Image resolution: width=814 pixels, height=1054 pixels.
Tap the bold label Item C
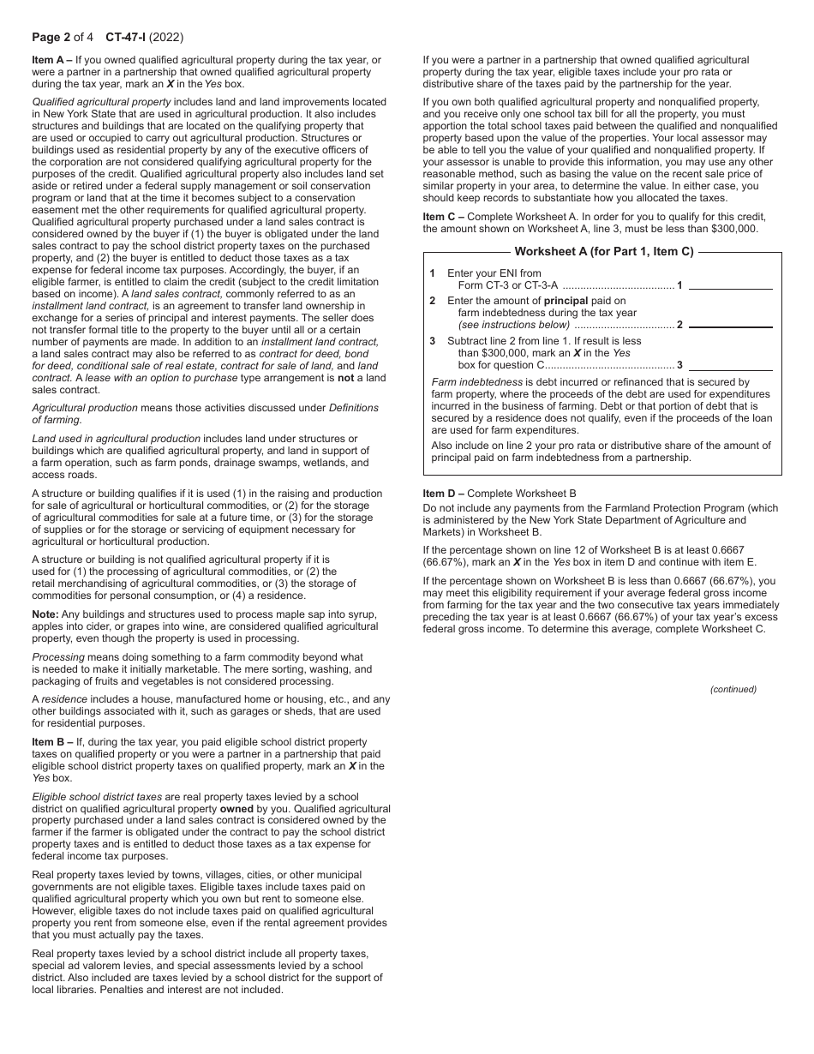click(x=442, y=217)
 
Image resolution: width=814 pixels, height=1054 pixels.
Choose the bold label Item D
click(x=442, y=494)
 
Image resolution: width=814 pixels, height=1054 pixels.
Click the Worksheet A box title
click(x=603, y=251)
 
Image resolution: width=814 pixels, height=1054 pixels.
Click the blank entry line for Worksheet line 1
click(x=730, y=284)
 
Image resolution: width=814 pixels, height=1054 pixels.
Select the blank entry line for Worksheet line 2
click(x=730, y=324)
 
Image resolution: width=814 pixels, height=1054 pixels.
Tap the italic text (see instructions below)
click(x=513, y=325)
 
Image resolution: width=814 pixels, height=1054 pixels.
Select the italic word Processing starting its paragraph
click(x=57, y=656)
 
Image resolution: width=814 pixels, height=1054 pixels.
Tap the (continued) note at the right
click(x=733, y=689)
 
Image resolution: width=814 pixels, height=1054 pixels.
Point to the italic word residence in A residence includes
click(x=64, y=699)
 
